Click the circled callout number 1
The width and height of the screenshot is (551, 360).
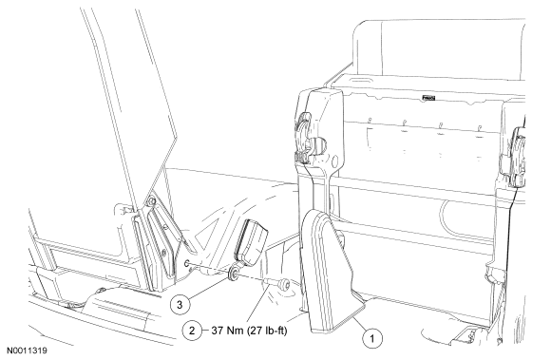(x=371, y=338)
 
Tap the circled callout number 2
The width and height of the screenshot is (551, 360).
(x=192, y=331)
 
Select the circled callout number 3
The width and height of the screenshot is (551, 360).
(x=180, y=305)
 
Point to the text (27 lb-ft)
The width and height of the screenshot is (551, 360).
(x=267, y=331)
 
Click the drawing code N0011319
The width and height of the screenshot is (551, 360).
(x=27, y=351)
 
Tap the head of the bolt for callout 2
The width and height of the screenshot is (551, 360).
(x=285, y=284)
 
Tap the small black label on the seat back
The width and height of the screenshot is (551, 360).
(x=428, y=98)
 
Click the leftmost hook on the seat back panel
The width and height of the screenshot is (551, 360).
(x=370, y=122)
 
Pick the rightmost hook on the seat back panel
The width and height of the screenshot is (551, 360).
(x=480, y=128)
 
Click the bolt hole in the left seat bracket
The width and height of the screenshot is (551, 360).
(x=187, y=263)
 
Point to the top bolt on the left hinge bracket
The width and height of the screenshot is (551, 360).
(x=152, y=201)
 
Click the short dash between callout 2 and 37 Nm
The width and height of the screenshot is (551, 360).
(x=205, y=331)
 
